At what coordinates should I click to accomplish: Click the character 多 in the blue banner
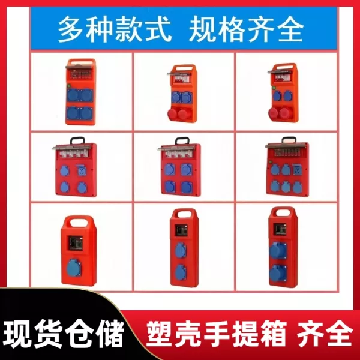click(71, 29)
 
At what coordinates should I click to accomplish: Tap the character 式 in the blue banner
click(158, 29)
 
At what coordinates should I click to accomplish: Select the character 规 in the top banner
click(202, 29)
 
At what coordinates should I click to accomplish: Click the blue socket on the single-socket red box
click(74, 268)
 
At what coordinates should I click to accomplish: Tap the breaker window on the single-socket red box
click(76, 243)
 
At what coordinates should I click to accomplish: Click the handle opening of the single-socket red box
click(79, 222)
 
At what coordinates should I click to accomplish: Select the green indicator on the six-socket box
click(271, 162)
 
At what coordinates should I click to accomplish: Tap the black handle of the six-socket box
click(289, 139)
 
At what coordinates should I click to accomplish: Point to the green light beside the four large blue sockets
click(68, 86)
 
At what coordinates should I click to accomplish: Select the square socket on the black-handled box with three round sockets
click(82, 170)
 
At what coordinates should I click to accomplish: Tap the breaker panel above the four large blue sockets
click(80, 74)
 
